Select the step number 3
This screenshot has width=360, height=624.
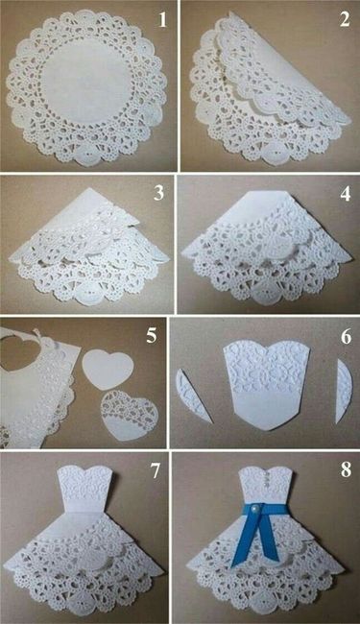(x=158, y=193)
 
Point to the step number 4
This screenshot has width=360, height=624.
(x=346, y=193)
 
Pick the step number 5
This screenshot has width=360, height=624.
(x=151, y=335)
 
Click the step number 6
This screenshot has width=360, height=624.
(x=346, y=337)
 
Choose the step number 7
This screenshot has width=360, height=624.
(x=155, y=470)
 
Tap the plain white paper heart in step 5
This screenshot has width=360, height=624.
(x=107, y=371)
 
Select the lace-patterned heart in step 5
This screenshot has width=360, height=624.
(x=129, y=416)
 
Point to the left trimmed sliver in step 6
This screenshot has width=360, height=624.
(x=194, y=396)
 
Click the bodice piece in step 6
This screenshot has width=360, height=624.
(x=267, y=384)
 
